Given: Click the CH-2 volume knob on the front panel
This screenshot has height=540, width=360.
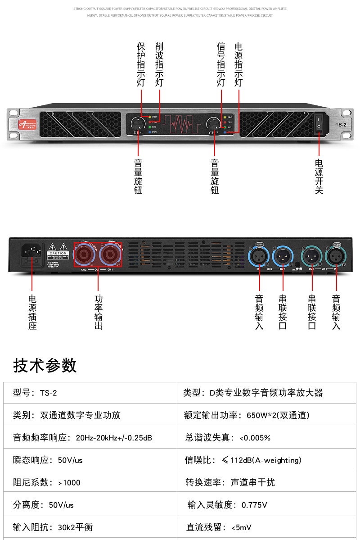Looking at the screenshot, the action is [213, 123].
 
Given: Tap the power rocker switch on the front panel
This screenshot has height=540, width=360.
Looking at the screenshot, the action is [319, 123].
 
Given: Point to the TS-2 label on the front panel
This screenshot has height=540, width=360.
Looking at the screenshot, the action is [341, 125].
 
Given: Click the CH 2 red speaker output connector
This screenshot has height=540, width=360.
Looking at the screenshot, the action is [84, 255].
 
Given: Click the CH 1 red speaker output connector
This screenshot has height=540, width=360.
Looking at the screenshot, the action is [110, 255].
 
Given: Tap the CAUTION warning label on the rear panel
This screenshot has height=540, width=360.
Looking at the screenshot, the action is [58, 253].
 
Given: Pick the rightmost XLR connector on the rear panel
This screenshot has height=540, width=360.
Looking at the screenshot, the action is [335, 256].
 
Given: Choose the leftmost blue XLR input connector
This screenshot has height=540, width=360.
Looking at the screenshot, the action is [259, 257].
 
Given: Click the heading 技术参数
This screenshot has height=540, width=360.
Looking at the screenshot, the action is [45, 365].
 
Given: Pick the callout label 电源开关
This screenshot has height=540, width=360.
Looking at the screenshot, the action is [319, 177].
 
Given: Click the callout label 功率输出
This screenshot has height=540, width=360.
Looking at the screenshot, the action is [99, 312].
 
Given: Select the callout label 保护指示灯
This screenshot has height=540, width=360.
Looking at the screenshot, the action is [141, 64].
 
